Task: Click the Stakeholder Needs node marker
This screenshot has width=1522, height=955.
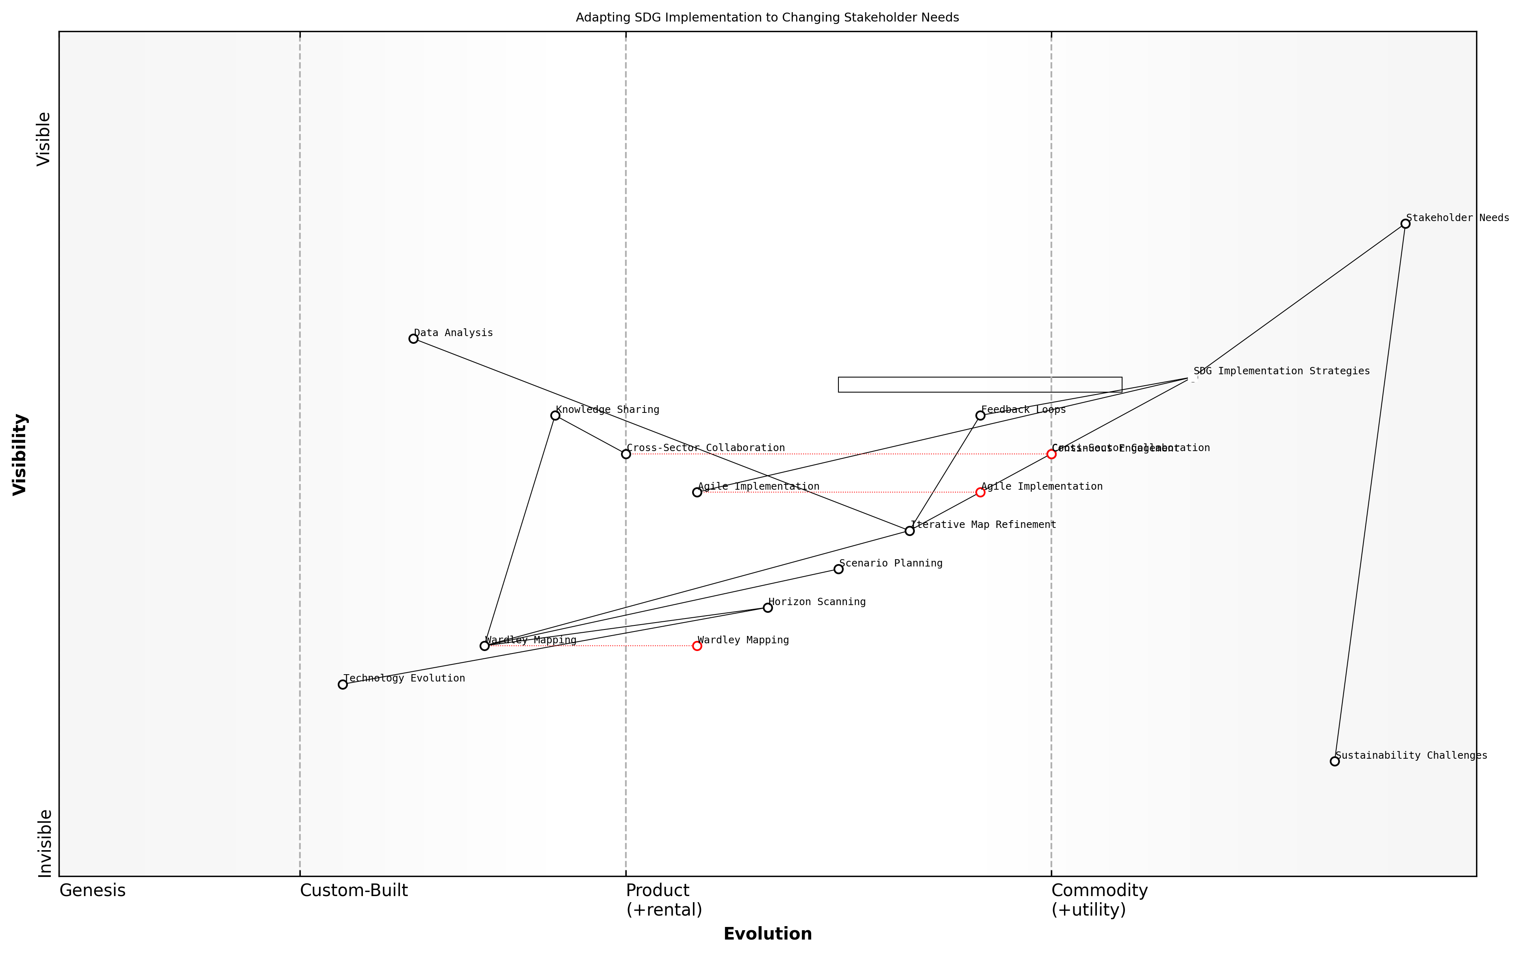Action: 1405,224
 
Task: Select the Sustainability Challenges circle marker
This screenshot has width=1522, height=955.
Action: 1334,761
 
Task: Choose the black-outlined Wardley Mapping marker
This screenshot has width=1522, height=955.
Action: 484,645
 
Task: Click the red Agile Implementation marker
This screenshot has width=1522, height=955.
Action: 980,492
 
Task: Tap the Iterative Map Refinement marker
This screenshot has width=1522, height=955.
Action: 910,531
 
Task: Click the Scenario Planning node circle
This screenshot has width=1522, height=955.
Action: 839,569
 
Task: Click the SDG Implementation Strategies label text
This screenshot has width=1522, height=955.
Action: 1281,371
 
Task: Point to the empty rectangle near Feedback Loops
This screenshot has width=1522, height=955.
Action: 980,385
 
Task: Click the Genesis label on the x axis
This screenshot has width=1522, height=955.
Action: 92,890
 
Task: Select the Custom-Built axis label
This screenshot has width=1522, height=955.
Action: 354,890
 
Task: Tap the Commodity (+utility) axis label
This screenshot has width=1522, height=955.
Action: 1099,899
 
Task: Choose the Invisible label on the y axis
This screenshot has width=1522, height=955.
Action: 44,843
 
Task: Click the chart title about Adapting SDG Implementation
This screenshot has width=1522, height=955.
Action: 767,18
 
